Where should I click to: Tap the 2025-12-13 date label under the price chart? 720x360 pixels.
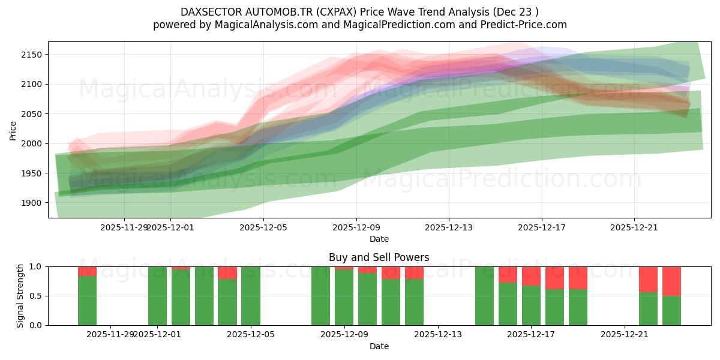click(x=449, y=227)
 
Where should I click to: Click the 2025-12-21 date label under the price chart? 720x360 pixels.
click(x=634, y=227)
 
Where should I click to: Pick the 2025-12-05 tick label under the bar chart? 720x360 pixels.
click(x=251, y=334)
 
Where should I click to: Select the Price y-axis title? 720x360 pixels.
click(x=13, y=130)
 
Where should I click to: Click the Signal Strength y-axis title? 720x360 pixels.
click(x=20, y=296)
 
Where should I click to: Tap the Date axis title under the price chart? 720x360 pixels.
click(x=379, y=239)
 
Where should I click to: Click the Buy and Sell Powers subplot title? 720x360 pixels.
click(x=379, y=257)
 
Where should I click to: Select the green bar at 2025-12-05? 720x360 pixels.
click(x=251, y=296)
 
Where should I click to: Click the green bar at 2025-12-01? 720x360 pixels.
click(x=157, y=296)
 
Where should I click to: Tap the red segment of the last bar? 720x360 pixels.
click(x=671, y=281)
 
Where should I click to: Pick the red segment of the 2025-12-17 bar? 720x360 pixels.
click(x=531, y=276)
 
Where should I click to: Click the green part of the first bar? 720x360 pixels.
click(x=87, y=301)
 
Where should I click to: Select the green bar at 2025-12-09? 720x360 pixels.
click(x=344, y=298)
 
